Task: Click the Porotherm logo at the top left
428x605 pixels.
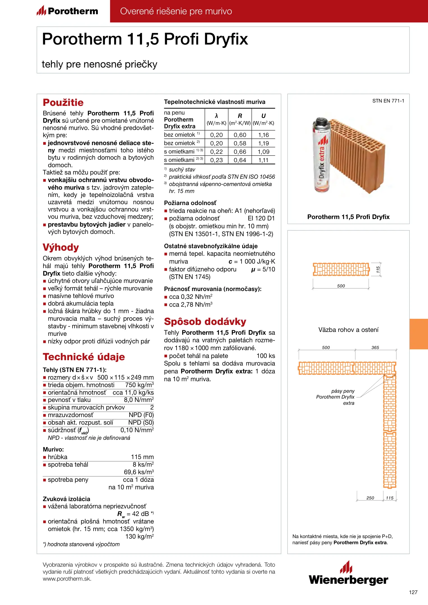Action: coord(67,11)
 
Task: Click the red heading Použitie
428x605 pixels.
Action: coord(63,103)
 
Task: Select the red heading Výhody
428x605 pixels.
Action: coord(61,247)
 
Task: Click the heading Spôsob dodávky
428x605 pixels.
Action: coord(205,322)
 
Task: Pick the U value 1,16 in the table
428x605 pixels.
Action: coord(263,135)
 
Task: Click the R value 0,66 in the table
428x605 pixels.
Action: coord(240,152)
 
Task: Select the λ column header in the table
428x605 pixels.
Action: coord(216,116)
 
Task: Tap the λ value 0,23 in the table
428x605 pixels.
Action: coord(216,160)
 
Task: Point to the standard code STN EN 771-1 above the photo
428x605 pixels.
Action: coord(388,101)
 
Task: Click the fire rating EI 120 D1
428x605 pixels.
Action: coord(261,218)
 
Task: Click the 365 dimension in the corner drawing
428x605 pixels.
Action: coord(375,348)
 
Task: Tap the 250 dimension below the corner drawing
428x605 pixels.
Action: coord(370,498)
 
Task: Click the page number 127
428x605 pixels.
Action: coord(413,592)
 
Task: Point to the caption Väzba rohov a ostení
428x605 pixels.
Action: coord(348,330)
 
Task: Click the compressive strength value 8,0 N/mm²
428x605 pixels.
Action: coord(139,400)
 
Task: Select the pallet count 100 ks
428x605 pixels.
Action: coord(266,356)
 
